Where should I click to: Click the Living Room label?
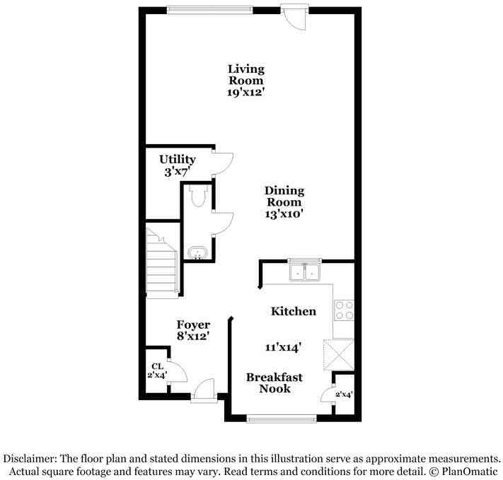(x=246, y=74)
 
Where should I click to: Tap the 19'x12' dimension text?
(x=246, y=92)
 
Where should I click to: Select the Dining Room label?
(x=284, y=197)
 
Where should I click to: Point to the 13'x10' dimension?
(x=284, y=214)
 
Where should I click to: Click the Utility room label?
(x=178, y=159)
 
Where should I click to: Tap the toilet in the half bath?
(x=198, y=196)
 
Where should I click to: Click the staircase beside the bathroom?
(x=162, y=263)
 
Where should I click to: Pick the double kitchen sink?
(x=304, y=270)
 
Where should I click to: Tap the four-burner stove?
(x=344, y=310)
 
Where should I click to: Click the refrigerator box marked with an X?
(x=339, y=355)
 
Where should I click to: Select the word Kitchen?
(x=293, y=311)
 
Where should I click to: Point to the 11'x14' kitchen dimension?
(x=283, y=347)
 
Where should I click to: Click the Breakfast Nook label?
(x=274, y=383)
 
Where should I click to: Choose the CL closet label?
(x=158, y=366)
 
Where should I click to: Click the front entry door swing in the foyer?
(x=203, y=390)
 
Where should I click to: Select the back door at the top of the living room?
(x=295, y=18)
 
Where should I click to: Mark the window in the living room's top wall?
(x=210, y=11)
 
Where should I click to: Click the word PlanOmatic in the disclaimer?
(x=470, y=472)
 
